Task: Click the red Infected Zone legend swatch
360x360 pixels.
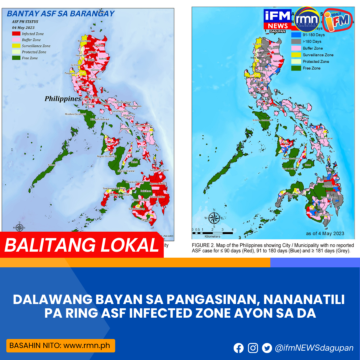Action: (16, 34)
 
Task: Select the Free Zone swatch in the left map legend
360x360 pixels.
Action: (16, 58)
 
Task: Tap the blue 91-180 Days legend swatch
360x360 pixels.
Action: (296, 35)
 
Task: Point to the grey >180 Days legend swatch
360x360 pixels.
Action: (296, 42)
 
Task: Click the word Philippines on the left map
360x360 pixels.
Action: (63, 99)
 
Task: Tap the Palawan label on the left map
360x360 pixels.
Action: (52, 165)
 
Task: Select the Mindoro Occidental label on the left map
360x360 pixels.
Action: (76, 114)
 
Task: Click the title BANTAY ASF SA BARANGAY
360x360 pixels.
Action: (60, 14)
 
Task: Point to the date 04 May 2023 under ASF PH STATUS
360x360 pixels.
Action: (23, 28)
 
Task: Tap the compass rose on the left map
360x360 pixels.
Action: (19, 228)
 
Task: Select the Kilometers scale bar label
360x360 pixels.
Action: (212, 236)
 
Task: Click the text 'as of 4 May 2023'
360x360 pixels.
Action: (325, 233)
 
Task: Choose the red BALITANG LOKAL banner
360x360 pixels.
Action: (82, 245)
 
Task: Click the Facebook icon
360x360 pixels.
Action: (239, 348)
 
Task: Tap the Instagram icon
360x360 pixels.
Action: (253, 348)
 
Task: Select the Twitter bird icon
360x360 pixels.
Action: (267, 348)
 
